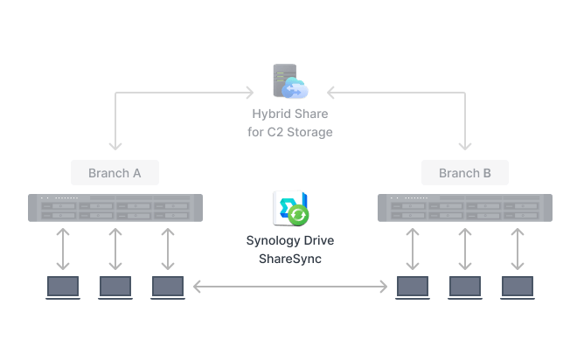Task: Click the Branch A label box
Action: click(x=115, y=172)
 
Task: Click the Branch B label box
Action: click(x=465, y=172)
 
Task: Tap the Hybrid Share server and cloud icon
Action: click(x=290, y=81)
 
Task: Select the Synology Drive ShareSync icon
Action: click(x=290, y=208)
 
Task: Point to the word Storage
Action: click(x=309, y=132)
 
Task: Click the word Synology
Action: click(x=273, y=241)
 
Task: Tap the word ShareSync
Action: click(x=290, y=259)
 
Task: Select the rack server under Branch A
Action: click(x=115, y=208)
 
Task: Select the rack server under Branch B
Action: click(x=465, y=208)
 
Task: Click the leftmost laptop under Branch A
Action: click(x=63, y=287)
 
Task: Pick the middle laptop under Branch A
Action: click(x=115, y=287)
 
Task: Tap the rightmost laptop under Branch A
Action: click(x=168, y=287)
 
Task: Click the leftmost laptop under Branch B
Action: click(x=413, y=287)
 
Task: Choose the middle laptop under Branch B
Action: click(x=465, y=287)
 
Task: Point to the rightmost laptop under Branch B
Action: click(x=518, y=287)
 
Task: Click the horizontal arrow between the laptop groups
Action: click(x=290, y=287)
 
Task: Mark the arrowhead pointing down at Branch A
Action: click(x=115, y=147)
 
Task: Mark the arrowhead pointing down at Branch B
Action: click(x=465, y=147)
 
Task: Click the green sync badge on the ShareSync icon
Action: click(x=298, y=215)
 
